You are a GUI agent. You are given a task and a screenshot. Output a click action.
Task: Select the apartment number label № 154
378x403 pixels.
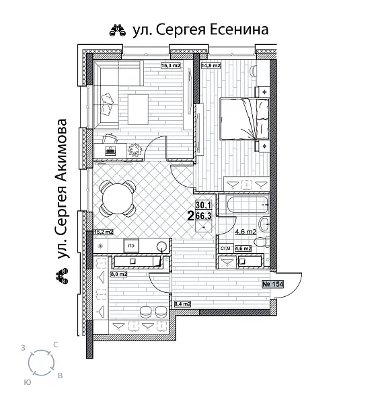pos(272,284)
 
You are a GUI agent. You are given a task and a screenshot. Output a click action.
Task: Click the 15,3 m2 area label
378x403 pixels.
pos(172,65)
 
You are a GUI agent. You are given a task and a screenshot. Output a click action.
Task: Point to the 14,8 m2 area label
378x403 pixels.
pos(211,65)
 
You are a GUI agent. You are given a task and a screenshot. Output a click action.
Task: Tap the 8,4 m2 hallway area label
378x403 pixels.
pos(183,304)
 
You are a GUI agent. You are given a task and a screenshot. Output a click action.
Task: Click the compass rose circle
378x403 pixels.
pos(42,363)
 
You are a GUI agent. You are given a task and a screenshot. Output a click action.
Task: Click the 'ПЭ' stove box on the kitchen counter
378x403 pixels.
pos(132,245)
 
